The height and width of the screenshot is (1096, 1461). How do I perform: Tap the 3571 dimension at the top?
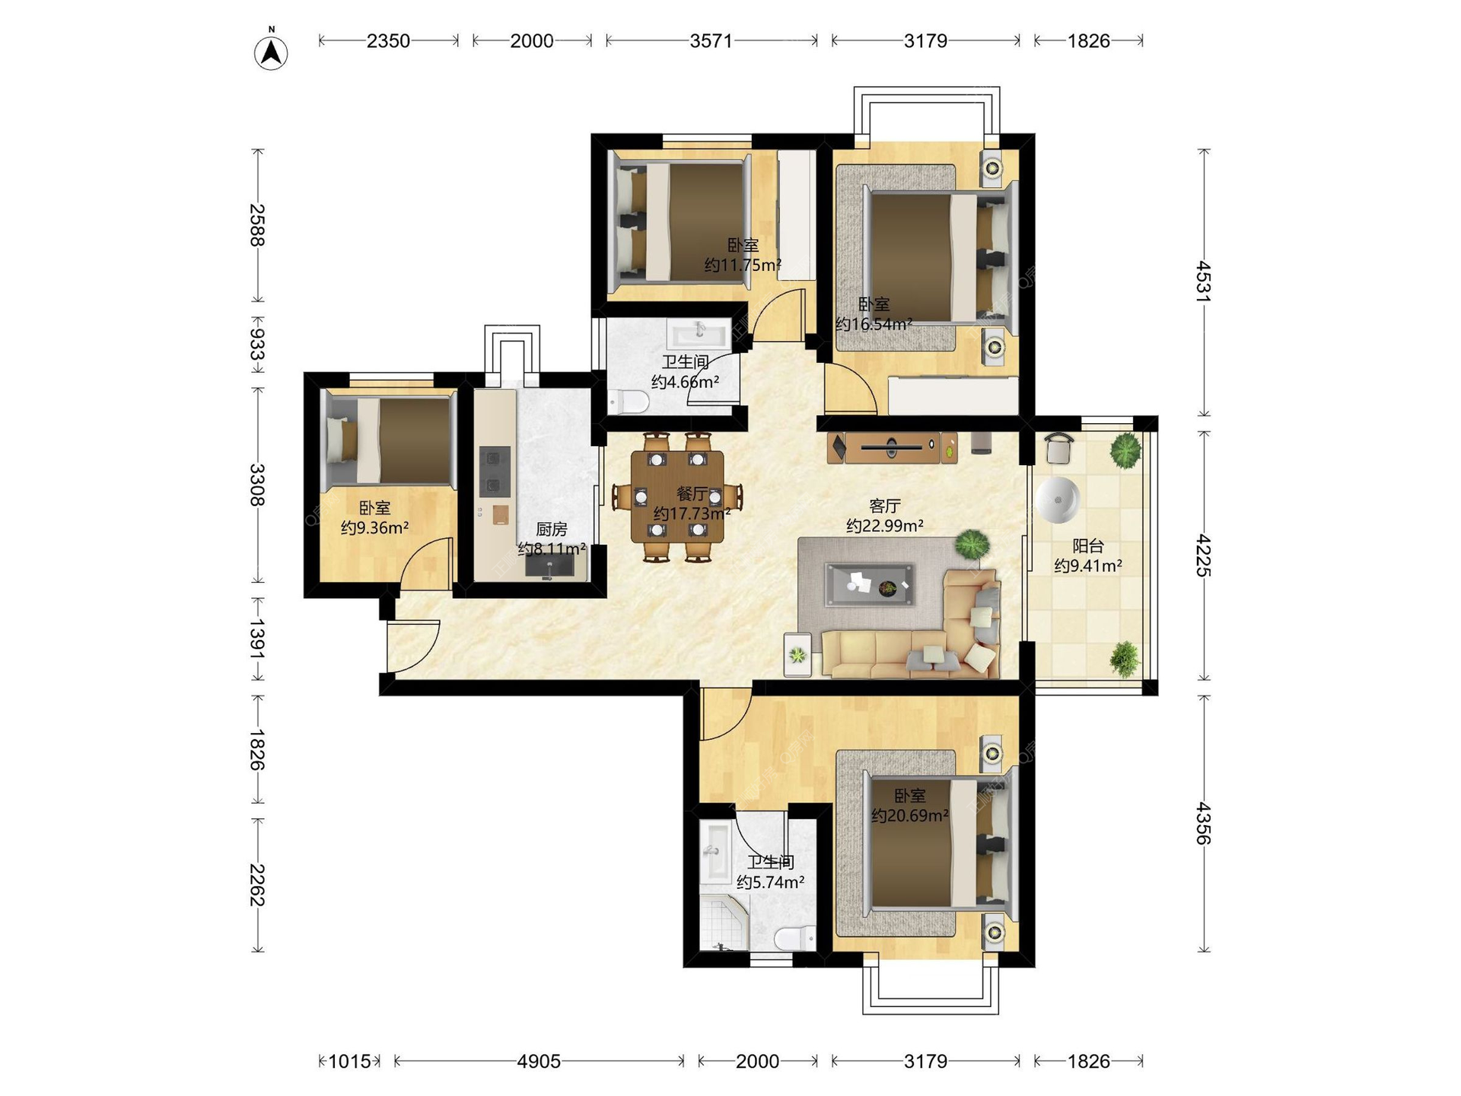click(x=711, y=40)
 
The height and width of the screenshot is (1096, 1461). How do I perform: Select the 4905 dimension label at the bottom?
click(x=539, y=1061)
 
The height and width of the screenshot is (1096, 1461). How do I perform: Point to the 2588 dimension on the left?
click(x=258, y=225)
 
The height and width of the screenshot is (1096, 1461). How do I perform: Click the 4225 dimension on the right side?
click(x=1203, y=555)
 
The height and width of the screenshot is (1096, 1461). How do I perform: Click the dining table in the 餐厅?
click(x=677, y=497)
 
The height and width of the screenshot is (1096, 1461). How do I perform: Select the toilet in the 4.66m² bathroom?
click(x=628, y=401)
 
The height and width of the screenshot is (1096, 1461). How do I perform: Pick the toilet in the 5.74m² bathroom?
click(x=795, y=938)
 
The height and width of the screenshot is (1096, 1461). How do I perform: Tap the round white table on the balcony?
click(x=1058, y=500)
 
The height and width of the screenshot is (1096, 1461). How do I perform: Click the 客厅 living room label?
click(x=885, y=505)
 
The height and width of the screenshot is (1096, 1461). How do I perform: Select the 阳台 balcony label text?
click(x=1088, y=546)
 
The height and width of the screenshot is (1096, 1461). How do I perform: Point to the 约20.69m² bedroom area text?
click(x=910, y=816)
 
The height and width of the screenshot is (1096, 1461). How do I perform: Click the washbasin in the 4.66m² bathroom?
click(x=699, y=332)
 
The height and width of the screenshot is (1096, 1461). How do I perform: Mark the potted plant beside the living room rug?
click(x=972, y=545)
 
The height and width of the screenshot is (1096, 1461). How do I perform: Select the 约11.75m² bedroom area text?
click(x=743, y=265)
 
